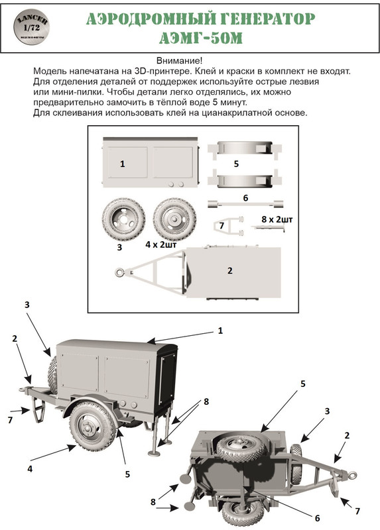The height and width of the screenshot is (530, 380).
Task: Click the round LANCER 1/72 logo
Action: tap(31, 26)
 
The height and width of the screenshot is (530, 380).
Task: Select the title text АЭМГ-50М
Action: tap(201, 38)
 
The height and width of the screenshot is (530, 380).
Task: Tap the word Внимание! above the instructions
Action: tap(179, 61)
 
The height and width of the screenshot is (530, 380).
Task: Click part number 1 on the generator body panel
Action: tap(123, 164)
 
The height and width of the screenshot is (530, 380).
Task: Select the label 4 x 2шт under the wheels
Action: tap(161, 244)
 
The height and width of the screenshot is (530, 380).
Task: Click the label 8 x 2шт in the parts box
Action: tap(277, 219)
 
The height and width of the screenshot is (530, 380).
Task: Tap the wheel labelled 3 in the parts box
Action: tap(124, 219)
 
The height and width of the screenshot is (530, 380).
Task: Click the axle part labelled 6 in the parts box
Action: tap(245, 204)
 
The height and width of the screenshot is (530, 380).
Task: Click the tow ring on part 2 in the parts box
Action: tap(119, 272)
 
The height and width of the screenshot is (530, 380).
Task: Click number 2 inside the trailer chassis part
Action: tap(230, 271)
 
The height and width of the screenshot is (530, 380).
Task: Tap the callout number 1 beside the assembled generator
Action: tap(220, 330)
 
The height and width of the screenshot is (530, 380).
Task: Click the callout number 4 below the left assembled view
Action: tap(30, 468)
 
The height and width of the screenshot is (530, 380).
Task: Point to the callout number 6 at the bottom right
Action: tap(318, 518)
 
